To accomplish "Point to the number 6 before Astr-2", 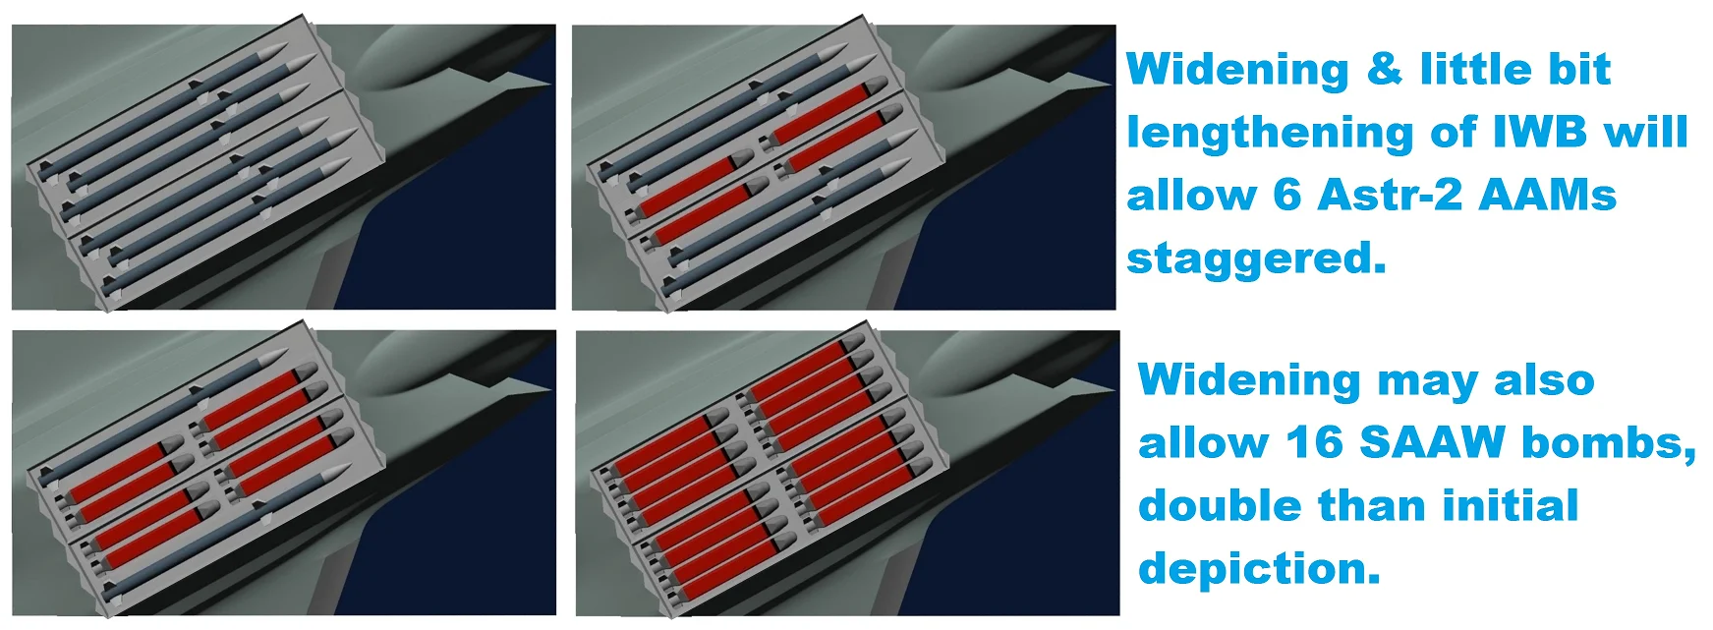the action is pyautogui.click(x=1287, y=195).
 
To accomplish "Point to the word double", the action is pyautogui.click(x=1220, y=505).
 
